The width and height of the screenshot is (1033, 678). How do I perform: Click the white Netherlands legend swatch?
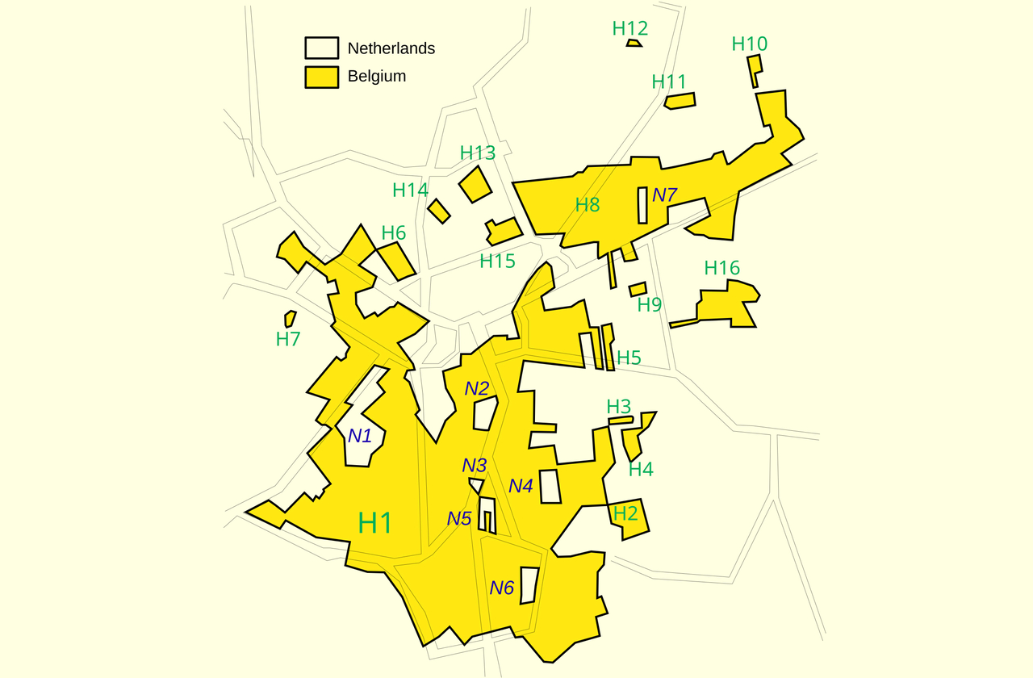click(321, 48)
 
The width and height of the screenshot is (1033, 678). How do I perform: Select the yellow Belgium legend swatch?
click(321, 77)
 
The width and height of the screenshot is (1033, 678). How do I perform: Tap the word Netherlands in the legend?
click(391, 48)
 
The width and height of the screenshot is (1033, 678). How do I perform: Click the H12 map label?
click(630, 28)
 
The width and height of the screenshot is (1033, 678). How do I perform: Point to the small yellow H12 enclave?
click(634, 43)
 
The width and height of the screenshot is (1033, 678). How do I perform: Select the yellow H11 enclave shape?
click(680, 100)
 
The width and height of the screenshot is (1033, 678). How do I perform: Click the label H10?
click(750, 44)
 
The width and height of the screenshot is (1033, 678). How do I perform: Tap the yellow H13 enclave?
click(475, 185)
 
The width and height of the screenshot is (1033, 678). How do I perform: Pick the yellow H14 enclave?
click(438, 211)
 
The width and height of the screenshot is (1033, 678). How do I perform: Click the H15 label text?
click(497, 261)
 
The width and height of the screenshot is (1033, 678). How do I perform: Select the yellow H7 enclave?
click(290, 319)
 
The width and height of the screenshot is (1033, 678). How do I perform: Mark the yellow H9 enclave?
click(638, 289)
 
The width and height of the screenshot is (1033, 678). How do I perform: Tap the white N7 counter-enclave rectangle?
click(642, 205)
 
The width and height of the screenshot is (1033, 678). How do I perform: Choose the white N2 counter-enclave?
click(484, 413)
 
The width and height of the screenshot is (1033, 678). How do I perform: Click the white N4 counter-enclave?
click(550, 486)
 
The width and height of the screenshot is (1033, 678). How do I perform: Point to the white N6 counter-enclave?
click(529, 585)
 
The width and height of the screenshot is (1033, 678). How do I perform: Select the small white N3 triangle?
click(477, 484)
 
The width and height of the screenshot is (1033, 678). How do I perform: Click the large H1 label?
click(375, 523)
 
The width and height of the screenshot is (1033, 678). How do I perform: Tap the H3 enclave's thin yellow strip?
click(620, 420)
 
